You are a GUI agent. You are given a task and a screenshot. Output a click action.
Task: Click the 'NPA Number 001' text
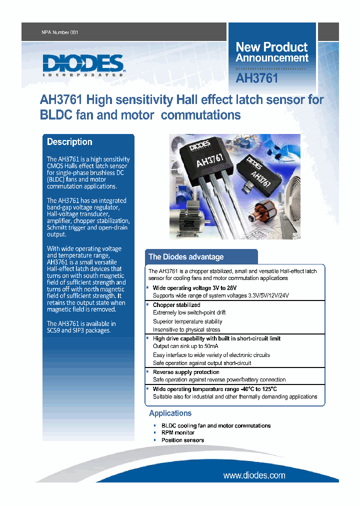tap(60, 32)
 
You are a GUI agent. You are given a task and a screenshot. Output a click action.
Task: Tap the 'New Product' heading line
tap(271, 47)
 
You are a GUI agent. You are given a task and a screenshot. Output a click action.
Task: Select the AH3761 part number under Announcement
tap(257, 78)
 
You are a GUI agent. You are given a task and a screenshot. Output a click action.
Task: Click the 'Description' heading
tap(69, 142)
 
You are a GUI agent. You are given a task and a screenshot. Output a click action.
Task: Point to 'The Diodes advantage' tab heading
tap(186, 257)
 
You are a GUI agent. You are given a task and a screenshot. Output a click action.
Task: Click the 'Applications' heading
tap(170, 413)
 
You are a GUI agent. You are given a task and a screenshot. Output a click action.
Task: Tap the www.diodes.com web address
tap(254, 475)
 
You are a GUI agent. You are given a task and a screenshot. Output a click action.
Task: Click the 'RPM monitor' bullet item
tap(178, 433)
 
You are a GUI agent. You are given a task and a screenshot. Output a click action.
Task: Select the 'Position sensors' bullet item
tap(182, 440)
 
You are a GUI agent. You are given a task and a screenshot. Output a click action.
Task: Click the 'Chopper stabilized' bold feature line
tap(176, 305)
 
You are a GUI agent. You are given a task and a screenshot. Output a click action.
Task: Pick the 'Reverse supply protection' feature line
tap(186, 372)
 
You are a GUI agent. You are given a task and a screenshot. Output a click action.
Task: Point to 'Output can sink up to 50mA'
tap(185, 346)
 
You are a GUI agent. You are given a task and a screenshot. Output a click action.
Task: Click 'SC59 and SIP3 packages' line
tap(79, 330)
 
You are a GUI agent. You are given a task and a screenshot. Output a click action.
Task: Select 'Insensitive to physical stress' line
tap(186, 330)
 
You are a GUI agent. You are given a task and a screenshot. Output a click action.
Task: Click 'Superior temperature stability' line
tap(187, 321)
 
